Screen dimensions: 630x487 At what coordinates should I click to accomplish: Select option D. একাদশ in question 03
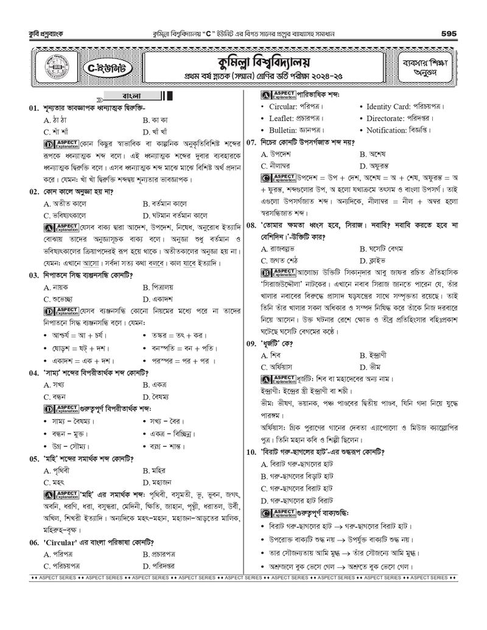158,299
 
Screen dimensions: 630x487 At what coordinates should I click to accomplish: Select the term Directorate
389,118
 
